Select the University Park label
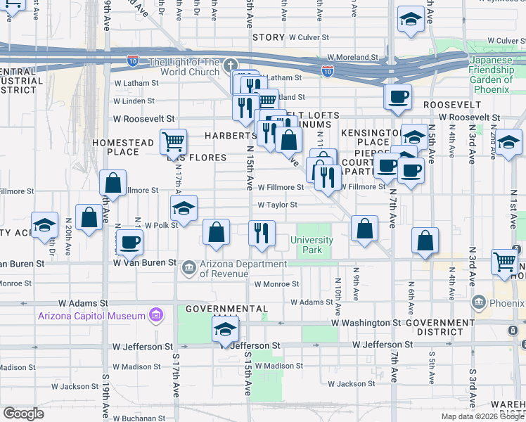[312, 245]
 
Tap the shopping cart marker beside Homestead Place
[172, 143]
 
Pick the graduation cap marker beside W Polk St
[184, 209]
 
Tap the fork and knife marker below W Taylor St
[262, 234]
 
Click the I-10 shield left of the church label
[134, 61]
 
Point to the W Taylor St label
[277, 205]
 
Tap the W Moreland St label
[352, 58]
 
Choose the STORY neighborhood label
[268, 37]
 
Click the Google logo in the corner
[23, 414]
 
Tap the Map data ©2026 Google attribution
[482, 416]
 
